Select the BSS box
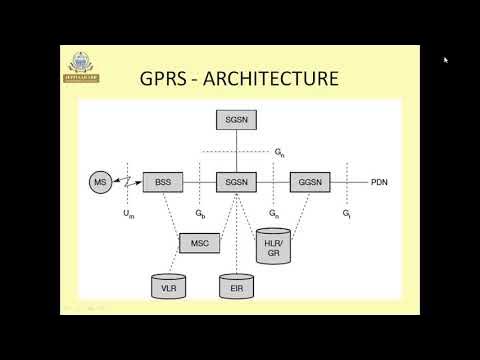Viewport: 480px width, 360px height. pos(163,183)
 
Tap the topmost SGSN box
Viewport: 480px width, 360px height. pos(236,119)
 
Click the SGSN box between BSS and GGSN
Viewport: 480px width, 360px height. pos(236,183)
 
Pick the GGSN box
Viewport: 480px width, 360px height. pos(310,183)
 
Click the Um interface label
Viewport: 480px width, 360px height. pos(128,214)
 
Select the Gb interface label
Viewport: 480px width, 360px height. pos(200,214)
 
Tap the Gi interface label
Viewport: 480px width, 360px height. pos(346,214)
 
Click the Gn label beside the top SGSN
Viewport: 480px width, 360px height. pos(280,151)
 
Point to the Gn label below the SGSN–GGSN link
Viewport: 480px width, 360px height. pos(273,214)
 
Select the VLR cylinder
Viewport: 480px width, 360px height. pos(168,288)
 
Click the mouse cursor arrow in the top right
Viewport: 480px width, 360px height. pos(446,59)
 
